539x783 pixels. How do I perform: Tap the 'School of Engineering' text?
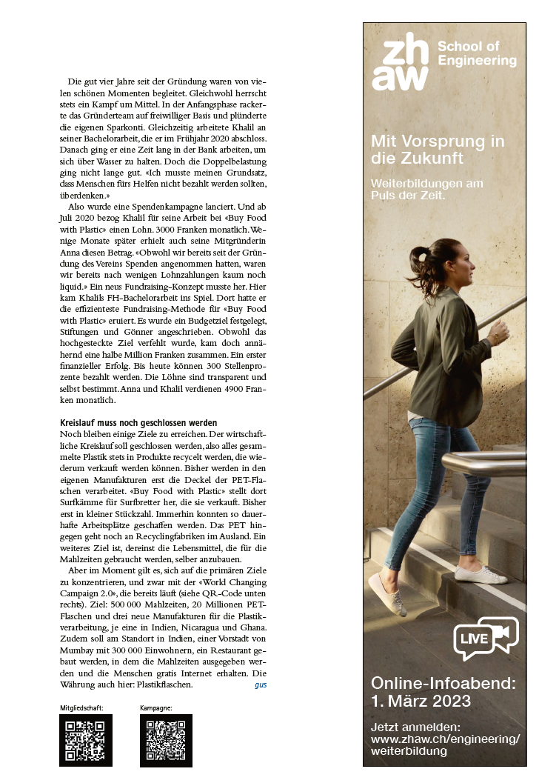(x=476, y=54)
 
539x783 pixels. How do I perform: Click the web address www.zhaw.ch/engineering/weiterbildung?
(x=444, y=745)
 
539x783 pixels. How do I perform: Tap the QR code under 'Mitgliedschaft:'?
(x=86, y=740)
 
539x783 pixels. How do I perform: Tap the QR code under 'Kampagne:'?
(x=166, y=740)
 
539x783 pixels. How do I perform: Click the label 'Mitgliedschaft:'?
(x=81, y=708)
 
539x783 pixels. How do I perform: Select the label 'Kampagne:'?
(x=155, y=708)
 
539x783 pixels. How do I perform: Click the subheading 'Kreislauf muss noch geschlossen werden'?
(x=138, y=422)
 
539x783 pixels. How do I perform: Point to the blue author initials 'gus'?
(x=261, y=685)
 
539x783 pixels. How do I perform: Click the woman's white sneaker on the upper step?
(x=480, y=575)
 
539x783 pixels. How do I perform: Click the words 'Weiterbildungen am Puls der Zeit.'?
(x=426, y=189)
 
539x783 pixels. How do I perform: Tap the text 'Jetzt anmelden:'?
(x=415, y=727)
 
